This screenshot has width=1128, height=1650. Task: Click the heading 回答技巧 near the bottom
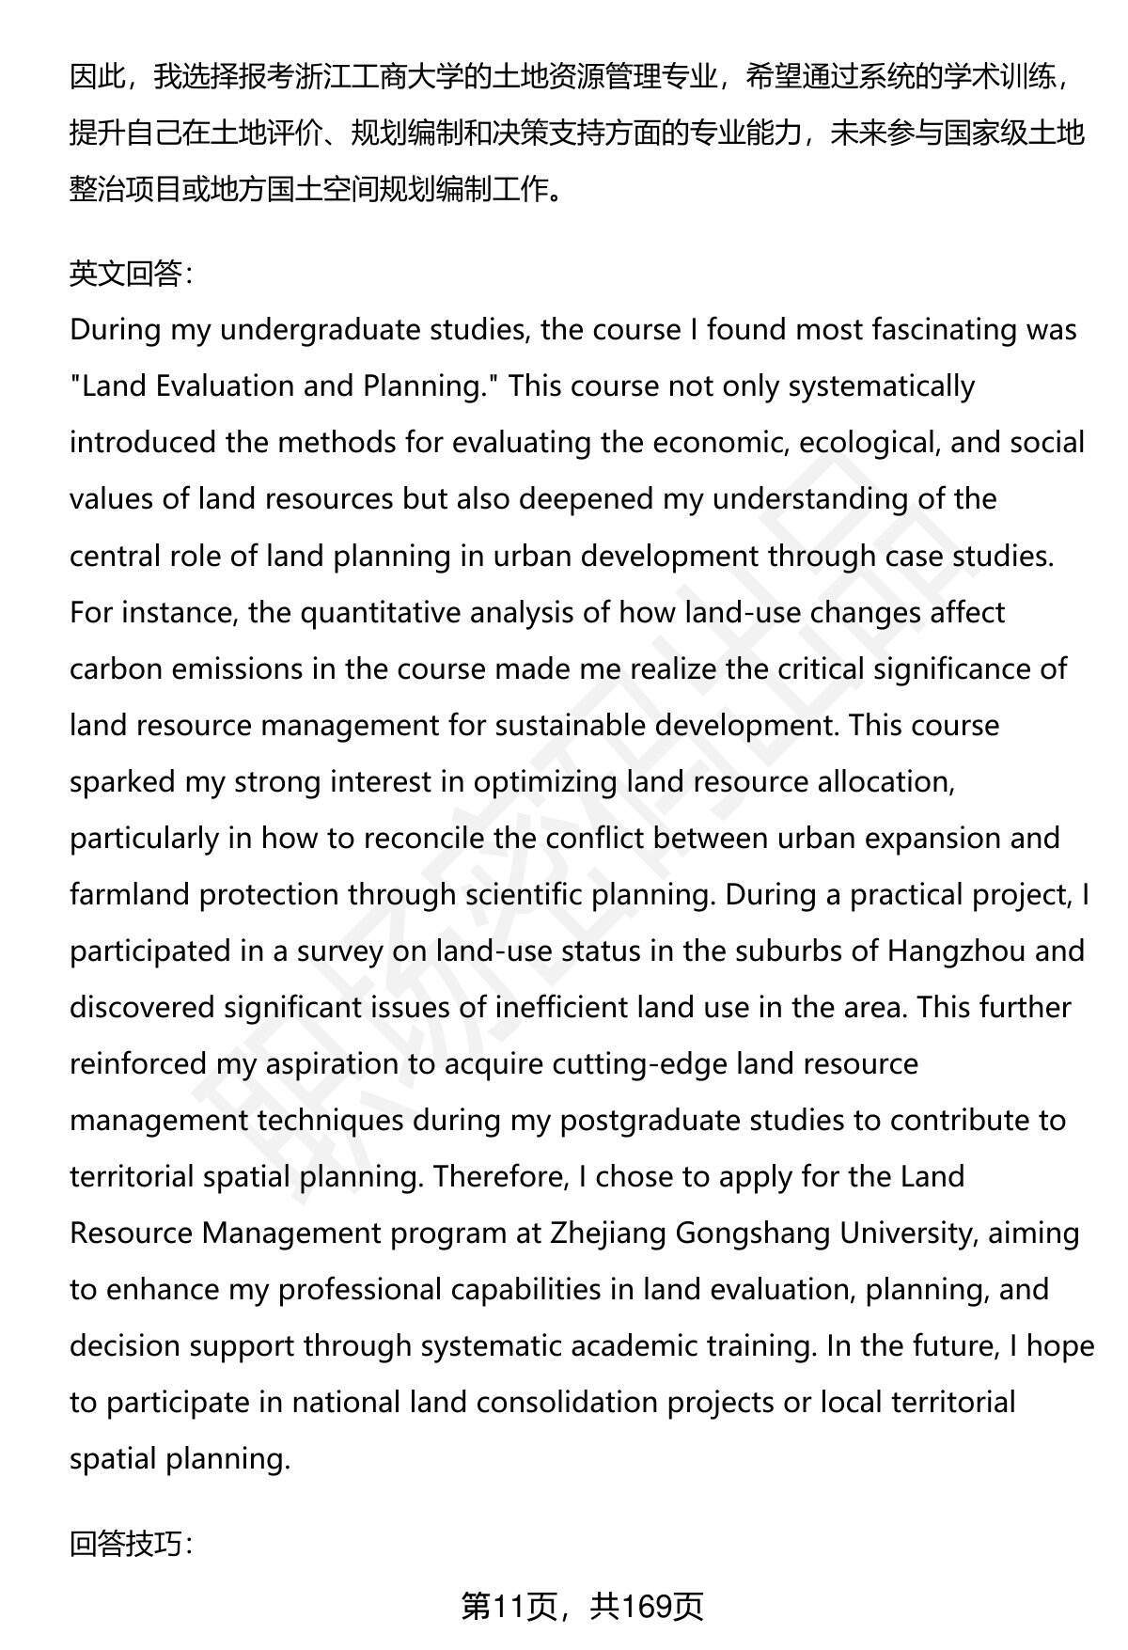tap(130, 1543)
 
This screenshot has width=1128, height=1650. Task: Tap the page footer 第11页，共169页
tap(582, 1607)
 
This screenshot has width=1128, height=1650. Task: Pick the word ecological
tap(869, 443)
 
